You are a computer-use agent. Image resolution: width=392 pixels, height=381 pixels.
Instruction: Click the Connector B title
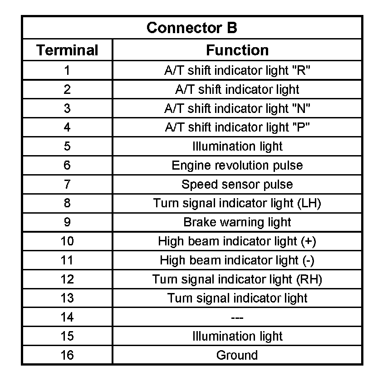191,28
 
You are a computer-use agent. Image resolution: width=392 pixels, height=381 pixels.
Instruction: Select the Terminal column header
67,50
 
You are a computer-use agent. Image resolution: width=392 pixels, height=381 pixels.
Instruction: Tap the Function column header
237,50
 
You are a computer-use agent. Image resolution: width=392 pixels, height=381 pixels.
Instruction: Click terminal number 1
67,70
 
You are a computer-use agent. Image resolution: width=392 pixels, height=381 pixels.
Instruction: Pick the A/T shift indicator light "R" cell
237,70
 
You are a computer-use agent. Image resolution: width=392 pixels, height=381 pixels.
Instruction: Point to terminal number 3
67,108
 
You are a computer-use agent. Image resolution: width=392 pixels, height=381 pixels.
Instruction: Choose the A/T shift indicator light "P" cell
237,127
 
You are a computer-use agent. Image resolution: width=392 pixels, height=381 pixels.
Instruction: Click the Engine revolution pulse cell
237,165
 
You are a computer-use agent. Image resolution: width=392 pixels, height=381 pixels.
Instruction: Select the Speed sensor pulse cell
237,184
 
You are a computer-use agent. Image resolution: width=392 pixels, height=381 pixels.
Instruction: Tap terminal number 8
67,203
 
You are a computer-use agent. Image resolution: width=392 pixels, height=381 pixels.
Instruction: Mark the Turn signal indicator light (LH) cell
237,203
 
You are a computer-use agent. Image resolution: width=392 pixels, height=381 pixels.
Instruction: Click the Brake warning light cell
237,222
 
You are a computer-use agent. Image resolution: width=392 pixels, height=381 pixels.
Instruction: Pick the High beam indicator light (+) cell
237,241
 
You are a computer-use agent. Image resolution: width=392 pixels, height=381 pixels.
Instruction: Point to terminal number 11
67,260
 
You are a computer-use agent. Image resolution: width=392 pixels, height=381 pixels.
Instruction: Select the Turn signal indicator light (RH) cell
237,279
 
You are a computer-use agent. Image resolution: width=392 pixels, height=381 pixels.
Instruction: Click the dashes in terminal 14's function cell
237,317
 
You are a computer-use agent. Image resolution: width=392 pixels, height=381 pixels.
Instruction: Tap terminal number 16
67,355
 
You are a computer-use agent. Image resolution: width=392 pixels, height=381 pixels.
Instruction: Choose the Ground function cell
237,355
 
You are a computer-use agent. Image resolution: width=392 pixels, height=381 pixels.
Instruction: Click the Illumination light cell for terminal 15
237,336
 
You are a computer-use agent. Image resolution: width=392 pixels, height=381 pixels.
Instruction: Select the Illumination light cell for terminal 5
237,147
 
